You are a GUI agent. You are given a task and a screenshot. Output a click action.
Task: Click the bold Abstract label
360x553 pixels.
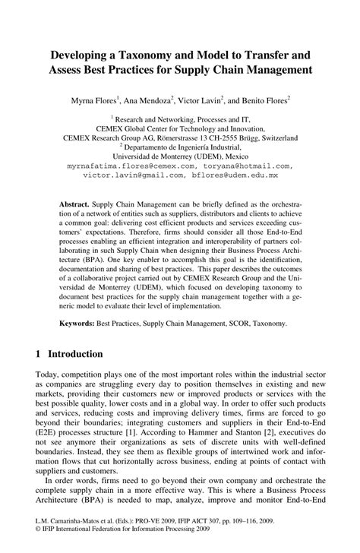[75, 206]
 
